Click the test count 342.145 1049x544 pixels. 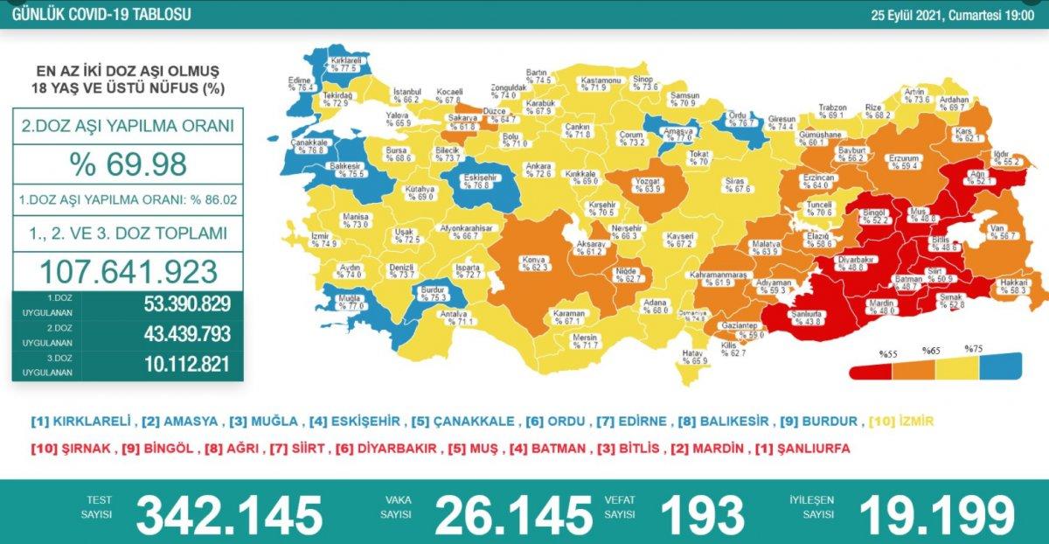[x=229, y=513]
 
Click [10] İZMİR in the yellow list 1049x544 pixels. [x=900, y=422]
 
